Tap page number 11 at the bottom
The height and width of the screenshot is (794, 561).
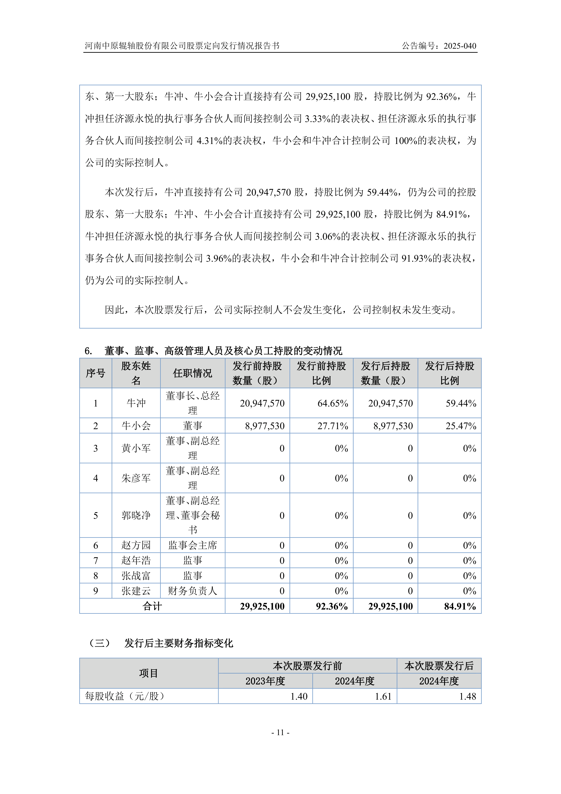coord(280,732)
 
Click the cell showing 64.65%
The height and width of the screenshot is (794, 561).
coord(332,403)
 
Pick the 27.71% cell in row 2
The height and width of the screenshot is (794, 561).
coord(332,426)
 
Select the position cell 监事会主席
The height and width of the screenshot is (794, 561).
coord(192,545)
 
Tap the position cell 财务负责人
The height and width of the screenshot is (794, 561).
coord(192,591)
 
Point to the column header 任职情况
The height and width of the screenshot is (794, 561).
coord(192,373)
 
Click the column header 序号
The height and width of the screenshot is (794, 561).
coord(95,373)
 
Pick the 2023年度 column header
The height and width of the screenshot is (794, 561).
coord(265,681)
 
